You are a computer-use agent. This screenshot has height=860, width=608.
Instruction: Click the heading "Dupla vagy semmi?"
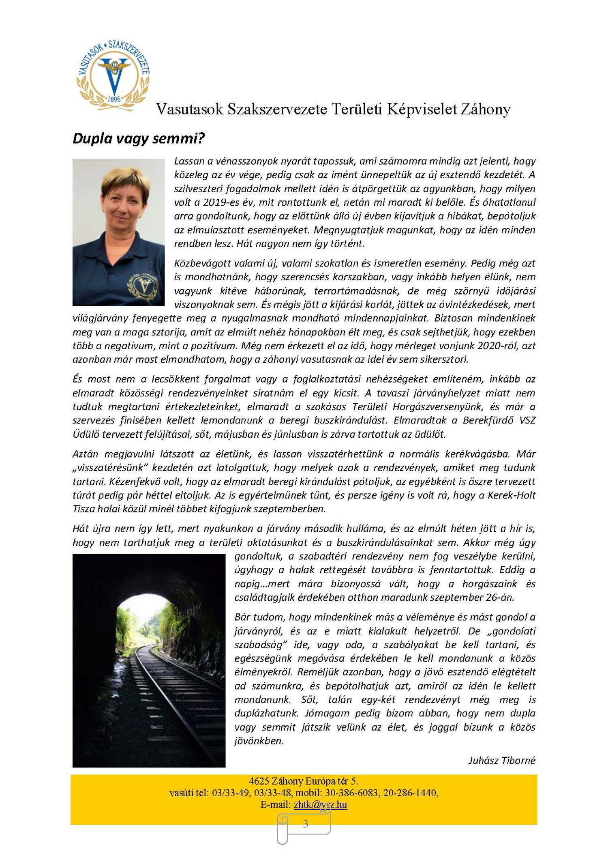[x=139, y=139]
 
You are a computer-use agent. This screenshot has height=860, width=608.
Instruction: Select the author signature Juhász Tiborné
[x=502, y=760]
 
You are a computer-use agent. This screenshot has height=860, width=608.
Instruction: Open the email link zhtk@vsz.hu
[x=320, y=804]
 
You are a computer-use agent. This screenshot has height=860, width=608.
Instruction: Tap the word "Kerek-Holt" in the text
[x=512, y=495]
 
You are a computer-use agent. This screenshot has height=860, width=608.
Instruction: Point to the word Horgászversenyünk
[x=438, y=406]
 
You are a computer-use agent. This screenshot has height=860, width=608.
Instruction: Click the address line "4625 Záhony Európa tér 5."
[x=304, y=781]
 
